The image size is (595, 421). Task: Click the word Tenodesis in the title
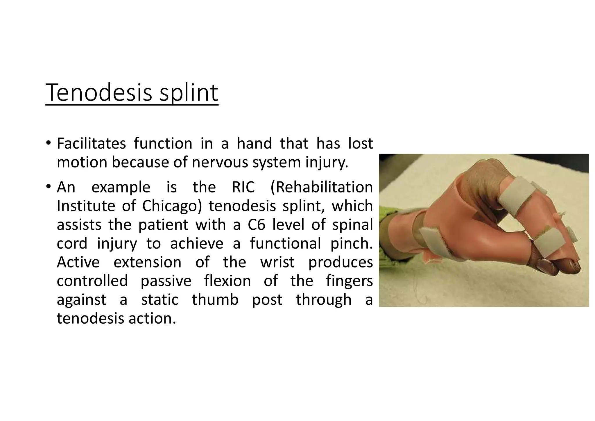click(99, 93)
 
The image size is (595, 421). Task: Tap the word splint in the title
click(189, 93)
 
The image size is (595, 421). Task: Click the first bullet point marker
click(48, 143)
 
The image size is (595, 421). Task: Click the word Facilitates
click(91, 143)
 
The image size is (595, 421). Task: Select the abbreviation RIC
click(243, 187)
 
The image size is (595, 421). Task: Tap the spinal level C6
click(257, 225)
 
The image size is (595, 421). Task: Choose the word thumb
click(215, 300)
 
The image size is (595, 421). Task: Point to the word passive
click(166, 281)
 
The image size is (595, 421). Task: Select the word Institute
click(86, 206)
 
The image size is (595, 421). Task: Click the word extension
click(147, 262)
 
